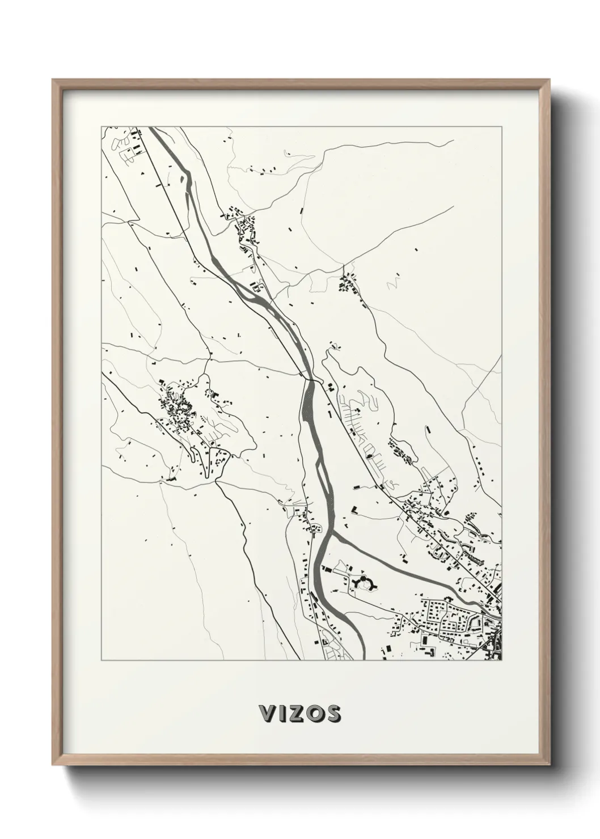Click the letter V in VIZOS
click(267, 713)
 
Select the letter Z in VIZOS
click(296, 713)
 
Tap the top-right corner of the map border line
click(501, 126)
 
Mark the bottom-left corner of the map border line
click(102, 660)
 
